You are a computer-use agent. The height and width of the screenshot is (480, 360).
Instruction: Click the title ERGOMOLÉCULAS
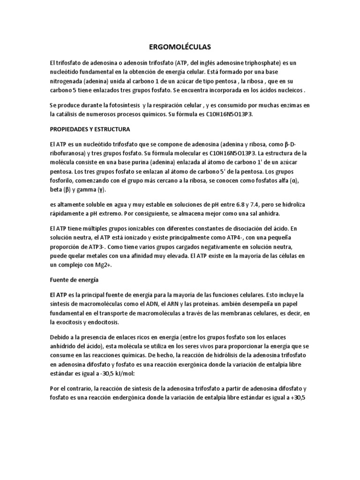180,47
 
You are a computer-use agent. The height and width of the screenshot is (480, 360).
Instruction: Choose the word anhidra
267,213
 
